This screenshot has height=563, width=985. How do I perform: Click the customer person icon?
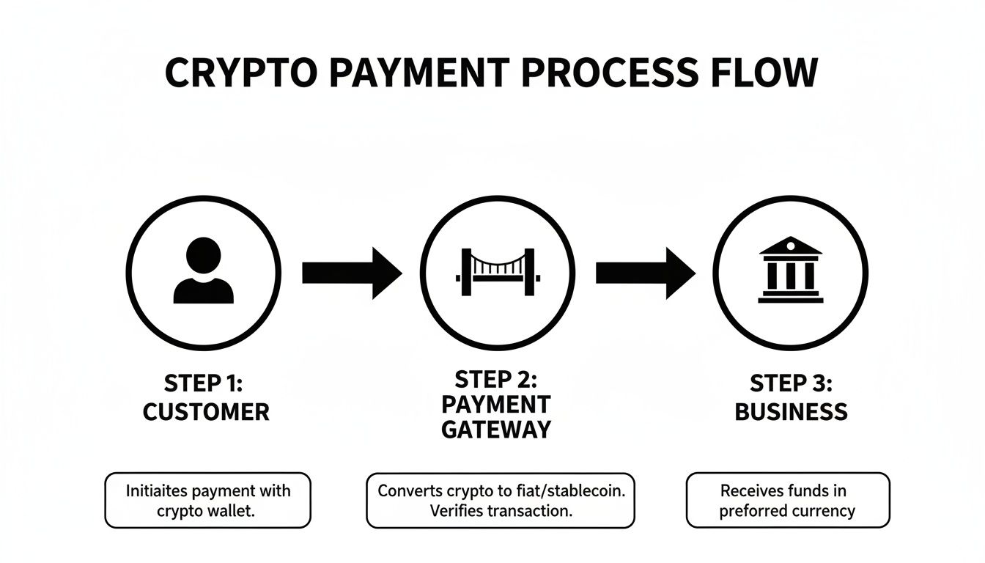click(203, 272)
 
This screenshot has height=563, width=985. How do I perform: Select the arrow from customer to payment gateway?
click(352, 273)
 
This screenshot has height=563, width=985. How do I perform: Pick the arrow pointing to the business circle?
click(645, 273)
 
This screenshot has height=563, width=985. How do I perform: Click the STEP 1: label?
click(205, 383)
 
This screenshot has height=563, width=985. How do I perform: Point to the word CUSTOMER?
click(206, 412)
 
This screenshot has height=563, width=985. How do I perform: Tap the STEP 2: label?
click(496, 379)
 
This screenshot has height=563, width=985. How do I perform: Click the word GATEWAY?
click(496, 429)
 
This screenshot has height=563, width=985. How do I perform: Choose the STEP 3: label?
click(791, 383)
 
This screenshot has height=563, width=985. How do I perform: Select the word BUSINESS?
click(791, 412)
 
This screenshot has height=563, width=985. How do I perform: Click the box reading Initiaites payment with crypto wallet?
click(207, 501)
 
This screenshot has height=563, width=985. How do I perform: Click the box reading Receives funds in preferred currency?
click(788, 501)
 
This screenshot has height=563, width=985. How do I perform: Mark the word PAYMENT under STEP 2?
click(496, 404)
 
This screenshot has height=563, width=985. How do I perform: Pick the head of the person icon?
click(203, 256)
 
